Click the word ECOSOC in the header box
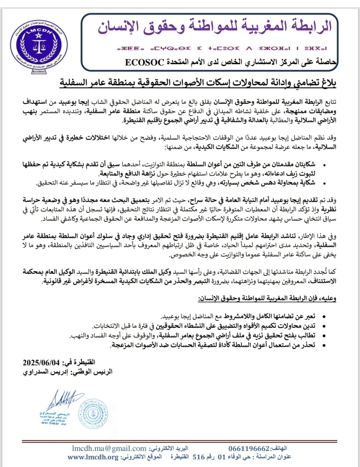pos(144,62)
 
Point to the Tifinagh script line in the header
pos(222,48)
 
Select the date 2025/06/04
pos(41,363)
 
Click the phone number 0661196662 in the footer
pos(249,449)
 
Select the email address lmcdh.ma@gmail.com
pos(109,449)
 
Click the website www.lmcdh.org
pos(93,457)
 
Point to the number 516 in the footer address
pos(199,457)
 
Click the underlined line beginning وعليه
pos(267,299)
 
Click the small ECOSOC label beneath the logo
pos(39,71)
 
